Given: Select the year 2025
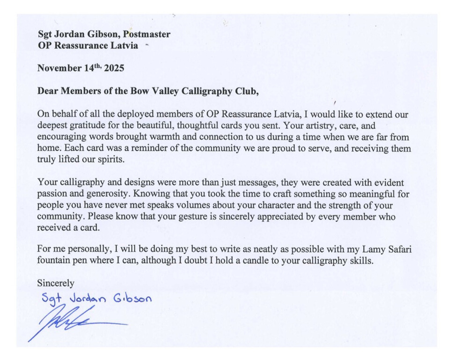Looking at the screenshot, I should click(114, 68).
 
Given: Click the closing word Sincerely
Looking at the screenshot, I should click(56, 284).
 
